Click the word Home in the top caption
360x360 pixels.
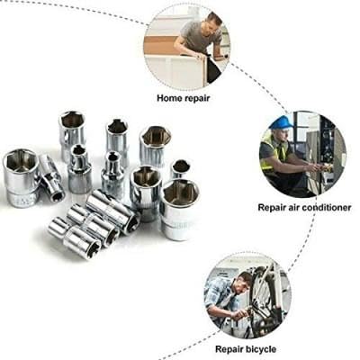169,98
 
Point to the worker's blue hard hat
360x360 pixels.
281,122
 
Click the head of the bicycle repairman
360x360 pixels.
243,283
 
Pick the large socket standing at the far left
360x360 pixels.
21,177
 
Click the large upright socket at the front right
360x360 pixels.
179,209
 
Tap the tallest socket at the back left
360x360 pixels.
72,135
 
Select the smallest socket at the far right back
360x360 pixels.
181,169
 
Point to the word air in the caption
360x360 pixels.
292,207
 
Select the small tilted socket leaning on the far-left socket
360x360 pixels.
51,177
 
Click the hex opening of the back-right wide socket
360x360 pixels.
157,136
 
